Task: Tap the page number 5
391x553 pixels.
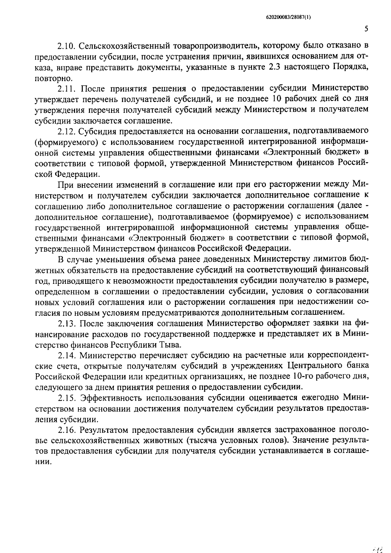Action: point(366,29)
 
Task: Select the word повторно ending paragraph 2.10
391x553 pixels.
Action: point(52,79)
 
